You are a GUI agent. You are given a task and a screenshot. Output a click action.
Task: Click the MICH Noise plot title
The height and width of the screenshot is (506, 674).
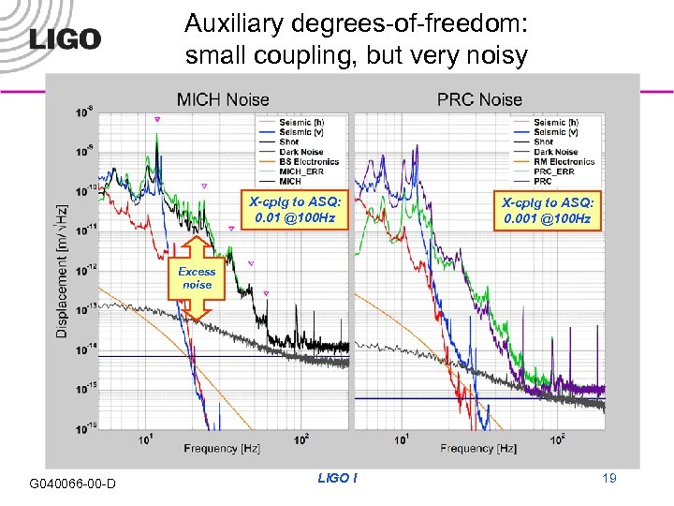[223, 99]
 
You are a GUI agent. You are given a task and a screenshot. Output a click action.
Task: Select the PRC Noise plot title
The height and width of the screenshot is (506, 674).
[479, 99]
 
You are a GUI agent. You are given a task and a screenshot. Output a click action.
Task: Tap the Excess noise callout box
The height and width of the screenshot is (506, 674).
[197, 278]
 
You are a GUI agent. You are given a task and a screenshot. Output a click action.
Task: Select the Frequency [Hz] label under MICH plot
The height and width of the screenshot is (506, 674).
[222, 449]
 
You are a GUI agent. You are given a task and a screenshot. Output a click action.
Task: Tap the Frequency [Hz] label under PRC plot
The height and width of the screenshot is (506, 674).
[478, 449]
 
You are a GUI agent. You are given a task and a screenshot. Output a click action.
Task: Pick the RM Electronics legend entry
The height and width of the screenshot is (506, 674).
[564, 161]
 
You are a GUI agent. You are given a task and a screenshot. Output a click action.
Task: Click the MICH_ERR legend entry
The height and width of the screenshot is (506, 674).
[300, 171]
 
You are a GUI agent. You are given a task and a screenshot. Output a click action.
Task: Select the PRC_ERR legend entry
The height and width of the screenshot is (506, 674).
[555, 171]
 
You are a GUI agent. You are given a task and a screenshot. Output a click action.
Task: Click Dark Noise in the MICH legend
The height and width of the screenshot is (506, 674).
[299, 152]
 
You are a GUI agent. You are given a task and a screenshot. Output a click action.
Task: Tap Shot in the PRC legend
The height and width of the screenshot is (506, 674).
[544, 142]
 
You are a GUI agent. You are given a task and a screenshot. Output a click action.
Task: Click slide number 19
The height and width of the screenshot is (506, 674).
[608, 479]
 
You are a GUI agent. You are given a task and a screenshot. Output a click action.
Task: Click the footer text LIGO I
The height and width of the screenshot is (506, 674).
[337, 479]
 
